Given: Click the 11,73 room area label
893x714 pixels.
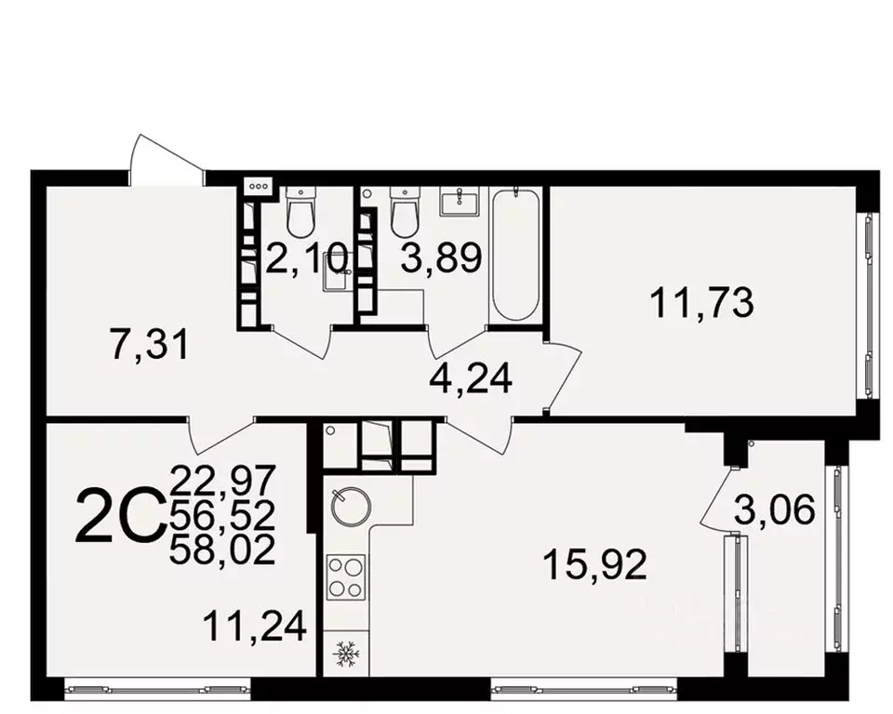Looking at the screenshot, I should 701,304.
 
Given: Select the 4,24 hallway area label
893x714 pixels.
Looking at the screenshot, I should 470,378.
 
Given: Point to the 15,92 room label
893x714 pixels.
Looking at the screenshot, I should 596,563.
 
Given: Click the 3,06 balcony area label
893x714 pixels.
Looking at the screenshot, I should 775,509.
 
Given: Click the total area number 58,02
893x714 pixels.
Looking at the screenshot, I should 223,551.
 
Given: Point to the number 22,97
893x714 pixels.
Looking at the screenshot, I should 223,482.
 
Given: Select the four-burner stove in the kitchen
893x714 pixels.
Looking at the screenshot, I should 348,577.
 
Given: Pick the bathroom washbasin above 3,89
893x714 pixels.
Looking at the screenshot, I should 457,201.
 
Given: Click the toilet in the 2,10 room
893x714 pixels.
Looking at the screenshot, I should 300,213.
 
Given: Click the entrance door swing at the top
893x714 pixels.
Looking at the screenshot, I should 166,158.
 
